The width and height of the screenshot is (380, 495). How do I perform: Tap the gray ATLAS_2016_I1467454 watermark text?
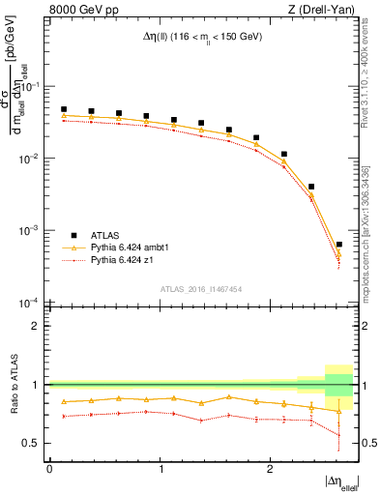[x=200, y=288]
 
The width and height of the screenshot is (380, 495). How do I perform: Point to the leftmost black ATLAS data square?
[x=64, y=110]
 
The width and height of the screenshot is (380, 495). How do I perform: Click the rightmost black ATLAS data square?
[x=338, y=245]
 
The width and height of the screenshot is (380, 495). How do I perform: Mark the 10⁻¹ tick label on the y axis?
[x=33, y=86]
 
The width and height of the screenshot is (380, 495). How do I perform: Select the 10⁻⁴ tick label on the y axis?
[x=33, y=303]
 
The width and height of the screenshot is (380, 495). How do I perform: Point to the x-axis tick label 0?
[x=49, y=469]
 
